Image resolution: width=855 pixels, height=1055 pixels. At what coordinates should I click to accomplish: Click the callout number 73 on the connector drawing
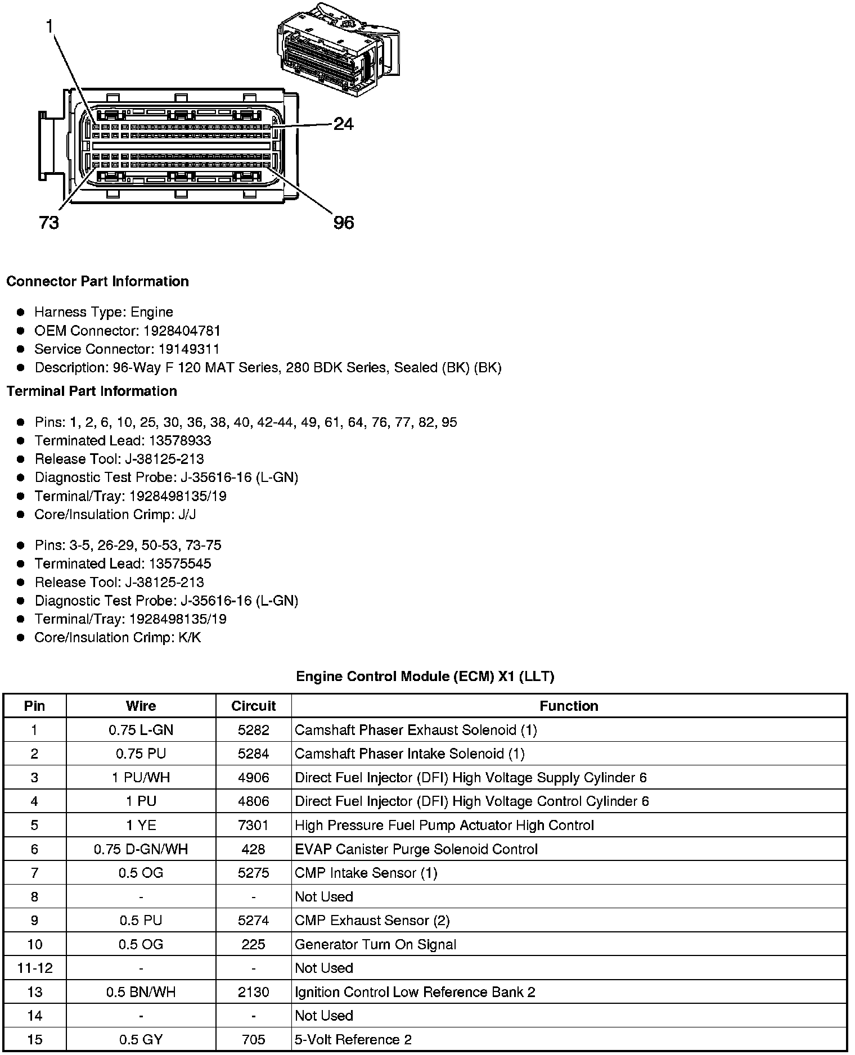(49, 223)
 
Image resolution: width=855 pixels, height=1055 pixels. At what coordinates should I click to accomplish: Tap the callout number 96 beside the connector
(344, 223)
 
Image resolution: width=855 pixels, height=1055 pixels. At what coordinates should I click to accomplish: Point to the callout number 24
(344, 124)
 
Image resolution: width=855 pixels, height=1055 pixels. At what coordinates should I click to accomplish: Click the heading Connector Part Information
(97, 281)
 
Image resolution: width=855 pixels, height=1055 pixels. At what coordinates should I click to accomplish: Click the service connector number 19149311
(188, 349)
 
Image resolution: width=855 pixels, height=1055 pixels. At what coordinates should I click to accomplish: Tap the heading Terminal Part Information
(92, 391)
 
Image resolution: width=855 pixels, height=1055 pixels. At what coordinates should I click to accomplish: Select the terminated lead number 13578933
(180, 440)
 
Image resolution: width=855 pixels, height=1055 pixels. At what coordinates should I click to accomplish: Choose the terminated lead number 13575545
(180, 563)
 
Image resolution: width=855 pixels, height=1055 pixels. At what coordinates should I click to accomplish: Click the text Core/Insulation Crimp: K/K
(118, 637)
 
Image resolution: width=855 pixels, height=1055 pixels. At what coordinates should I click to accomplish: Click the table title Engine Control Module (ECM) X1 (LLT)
(425, 676)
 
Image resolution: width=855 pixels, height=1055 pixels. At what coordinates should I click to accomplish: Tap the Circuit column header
(254, 706)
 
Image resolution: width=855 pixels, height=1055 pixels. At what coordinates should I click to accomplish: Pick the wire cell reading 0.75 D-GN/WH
(141, 849)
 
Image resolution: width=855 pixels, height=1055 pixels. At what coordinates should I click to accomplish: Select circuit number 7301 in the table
(254, 825)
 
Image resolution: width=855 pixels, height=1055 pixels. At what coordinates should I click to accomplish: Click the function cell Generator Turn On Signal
(375, 944)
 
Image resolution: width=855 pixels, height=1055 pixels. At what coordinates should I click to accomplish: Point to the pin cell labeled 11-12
(35, 968)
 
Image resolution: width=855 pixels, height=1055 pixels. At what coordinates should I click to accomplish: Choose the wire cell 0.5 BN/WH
(141, 992)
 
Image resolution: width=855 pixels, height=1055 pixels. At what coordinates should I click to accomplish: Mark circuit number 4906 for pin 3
(254, 778)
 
